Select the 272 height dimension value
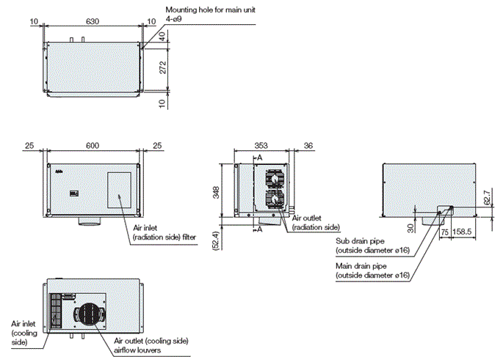pos(163,69)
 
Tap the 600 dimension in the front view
pos(93,146)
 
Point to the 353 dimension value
pos(262,146)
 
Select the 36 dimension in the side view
pos(308,146)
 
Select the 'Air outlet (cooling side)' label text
pos(152,341)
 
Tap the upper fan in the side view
pos(272,178)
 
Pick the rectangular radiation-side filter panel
pos(119,188)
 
